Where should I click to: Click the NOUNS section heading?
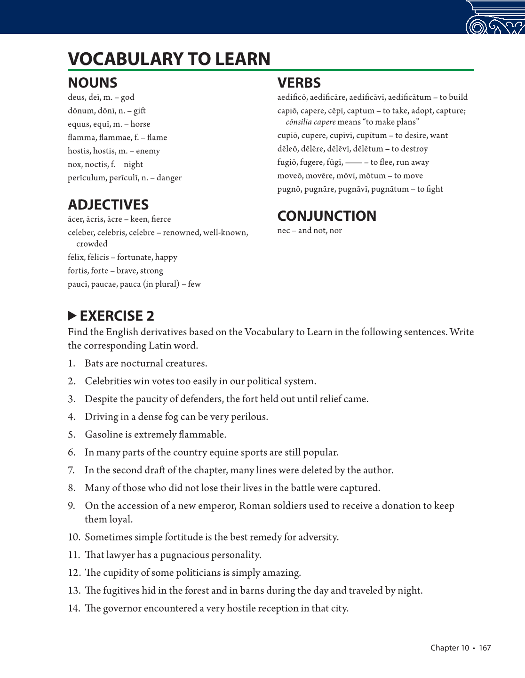point(93,83)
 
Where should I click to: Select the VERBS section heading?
point(299,83)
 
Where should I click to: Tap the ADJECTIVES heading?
point(108,205)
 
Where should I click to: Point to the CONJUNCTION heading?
point(326,216)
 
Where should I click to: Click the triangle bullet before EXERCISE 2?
point(72,315)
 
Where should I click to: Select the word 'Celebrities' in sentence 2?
point(108,381)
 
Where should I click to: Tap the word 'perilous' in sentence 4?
point(249,417)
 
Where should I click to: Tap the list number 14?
point(74,608)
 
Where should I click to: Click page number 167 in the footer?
point(485,648)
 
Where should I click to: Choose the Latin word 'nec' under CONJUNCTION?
point(284,231)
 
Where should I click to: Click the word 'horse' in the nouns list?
point(140,124)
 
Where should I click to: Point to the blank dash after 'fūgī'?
point(353,162)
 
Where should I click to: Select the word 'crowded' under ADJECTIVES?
point(92,244)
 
